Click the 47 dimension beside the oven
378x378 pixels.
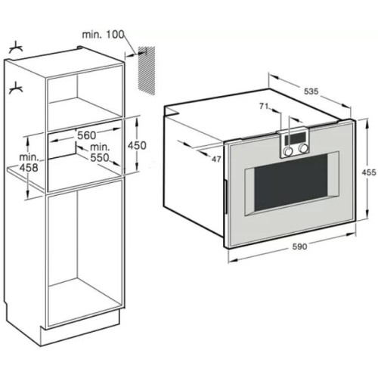pyautogui.click(x=216, y=160)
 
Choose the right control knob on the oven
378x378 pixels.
pyautogui.click(x=302, y=149)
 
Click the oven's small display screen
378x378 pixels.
pyautogui.click(x=296, y=137)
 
